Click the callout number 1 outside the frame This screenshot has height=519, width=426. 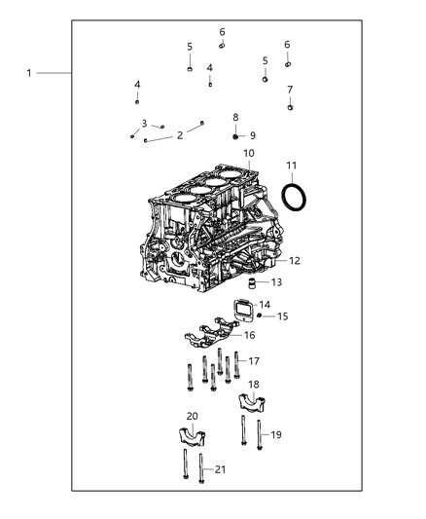(29, 73)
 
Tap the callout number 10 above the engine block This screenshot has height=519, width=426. (249, 154)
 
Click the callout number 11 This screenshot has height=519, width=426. (291, 167)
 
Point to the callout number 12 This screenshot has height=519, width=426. (295, 261)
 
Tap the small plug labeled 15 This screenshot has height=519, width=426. (261, 316)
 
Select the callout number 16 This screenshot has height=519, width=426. (249, 335)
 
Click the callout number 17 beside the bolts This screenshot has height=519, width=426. (255, 361)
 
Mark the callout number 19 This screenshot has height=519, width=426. (275, 435)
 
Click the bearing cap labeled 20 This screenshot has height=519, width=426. (191, 436)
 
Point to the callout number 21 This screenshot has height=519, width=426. (220, 470)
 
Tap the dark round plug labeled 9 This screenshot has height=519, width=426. (235, 135)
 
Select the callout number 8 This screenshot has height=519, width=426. (235, 117)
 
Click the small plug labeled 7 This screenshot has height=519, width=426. (290, 107)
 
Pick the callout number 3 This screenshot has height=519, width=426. (144, 124)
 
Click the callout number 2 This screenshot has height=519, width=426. (179, 135)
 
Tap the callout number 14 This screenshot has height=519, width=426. (265, 305)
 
